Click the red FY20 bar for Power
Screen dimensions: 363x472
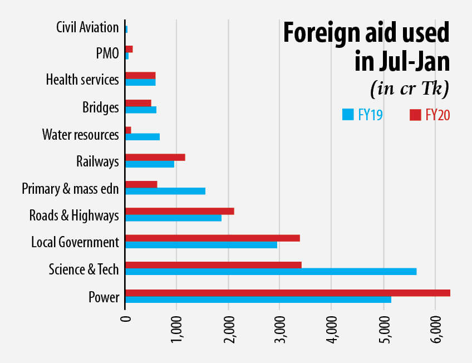(287, 293)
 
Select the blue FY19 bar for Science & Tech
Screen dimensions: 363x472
(271, 272)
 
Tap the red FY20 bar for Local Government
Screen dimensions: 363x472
(212, 238)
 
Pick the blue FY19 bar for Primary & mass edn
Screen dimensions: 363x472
(165, 191)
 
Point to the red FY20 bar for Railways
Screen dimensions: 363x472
(155, 158)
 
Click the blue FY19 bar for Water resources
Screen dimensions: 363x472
(142, 137)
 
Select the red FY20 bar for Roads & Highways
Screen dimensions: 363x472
(179, 211)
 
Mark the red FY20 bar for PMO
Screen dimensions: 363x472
(129, 49)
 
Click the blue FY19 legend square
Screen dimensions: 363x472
(348, 115)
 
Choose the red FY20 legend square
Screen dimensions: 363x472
(415, 115)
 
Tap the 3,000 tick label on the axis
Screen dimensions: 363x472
(280, 325)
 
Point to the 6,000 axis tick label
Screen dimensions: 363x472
(435, 325)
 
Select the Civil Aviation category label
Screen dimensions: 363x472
(87, 27)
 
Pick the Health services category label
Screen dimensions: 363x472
(82, 80)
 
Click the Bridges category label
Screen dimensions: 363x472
(101, 107)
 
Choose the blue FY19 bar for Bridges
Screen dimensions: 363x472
(140, 110)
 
